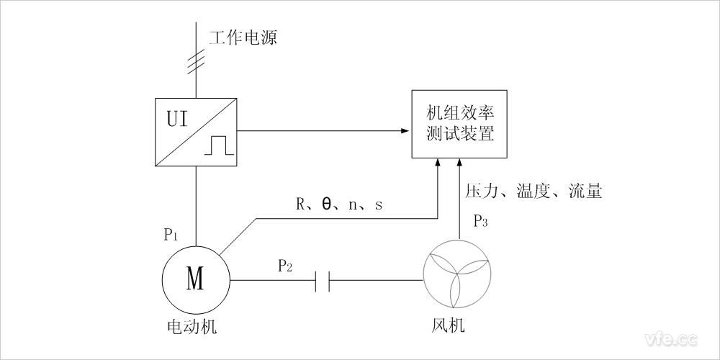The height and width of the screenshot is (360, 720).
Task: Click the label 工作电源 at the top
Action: (243, 38)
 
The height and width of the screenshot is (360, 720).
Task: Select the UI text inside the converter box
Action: (177, 118)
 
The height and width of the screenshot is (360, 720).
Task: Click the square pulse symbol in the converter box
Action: (218, 145)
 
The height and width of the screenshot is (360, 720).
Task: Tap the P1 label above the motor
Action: (171, 234)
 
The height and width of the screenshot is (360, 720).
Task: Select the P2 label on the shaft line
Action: (285, 266)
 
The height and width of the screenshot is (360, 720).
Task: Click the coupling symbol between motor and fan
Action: (323, 280)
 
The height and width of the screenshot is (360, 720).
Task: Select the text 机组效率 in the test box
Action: (459, 115)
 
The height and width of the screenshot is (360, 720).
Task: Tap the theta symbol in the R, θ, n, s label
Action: (326, 204)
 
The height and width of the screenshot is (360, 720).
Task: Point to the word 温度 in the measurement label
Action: (534, 192)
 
